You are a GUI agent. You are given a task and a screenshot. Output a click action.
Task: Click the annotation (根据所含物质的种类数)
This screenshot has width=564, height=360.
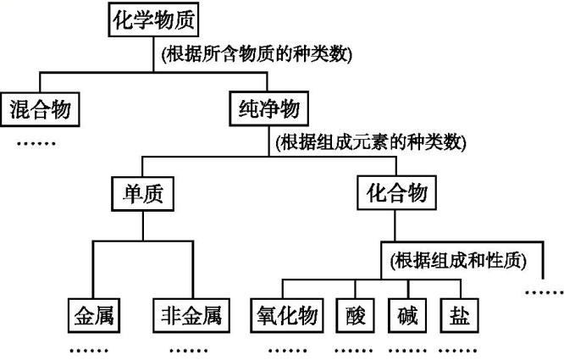[256, 54]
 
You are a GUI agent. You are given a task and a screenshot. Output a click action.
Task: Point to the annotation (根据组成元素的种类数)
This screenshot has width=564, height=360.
[371, 142]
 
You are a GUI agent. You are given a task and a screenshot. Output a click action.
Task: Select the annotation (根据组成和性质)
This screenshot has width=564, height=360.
[454, 260]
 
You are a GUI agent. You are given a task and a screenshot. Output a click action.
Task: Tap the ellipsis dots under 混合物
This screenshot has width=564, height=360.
[36, 141]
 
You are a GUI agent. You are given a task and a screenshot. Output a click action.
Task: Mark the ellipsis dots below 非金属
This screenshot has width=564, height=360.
[188, 349]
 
